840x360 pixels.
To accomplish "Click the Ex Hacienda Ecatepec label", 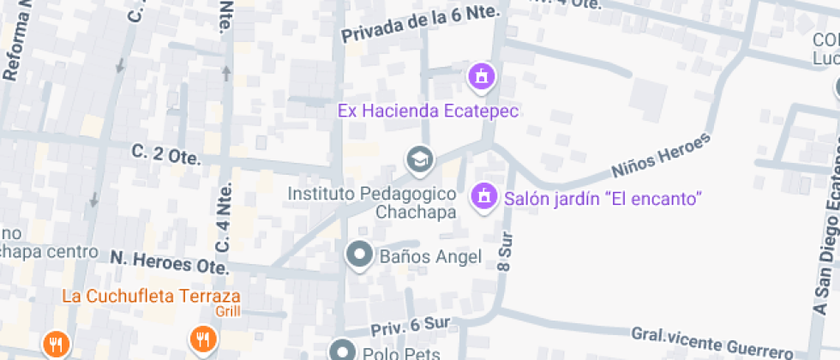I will click(429, 111).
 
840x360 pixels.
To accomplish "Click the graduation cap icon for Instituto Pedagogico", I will click(419, 159).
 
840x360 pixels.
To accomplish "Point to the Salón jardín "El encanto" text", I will click(603, 198).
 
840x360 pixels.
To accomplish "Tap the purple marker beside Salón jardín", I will click(483, 196).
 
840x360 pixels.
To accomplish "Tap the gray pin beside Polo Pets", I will click(343, 351).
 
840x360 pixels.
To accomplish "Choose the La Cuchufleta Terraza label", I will click(150, 297).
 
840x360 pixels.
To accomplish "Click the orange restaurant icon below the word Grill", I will click(203, 340).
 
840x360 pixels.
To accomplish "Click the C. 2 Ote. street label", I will click(166, 154).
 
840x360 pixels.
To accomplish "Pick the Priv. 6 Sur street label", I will click(410, 327).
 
